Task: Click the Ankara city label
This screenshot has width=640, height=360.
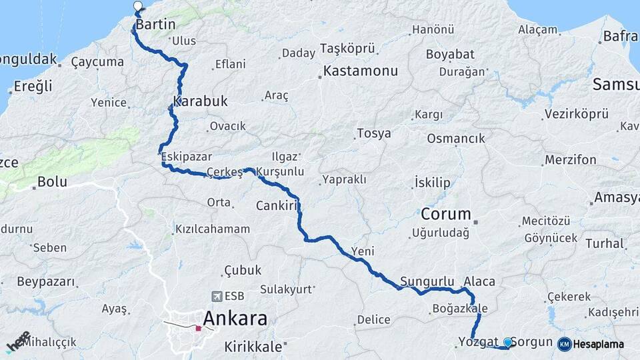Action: coord(235,318)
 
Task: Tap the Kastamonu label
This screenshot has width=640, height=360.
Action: coord(360,71)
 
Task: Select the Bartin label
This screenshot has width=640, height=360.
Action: coord(155,25)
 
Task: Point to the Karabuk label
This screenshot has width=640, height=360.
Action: coord(201,102)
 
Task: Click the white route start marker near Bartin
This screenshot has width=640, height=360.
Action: coord(138,7)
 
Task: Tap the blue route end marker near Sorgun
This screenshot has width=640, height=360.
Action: coord(508,342)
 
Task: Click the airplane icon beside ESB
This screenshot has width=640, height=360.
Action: coord(217,296)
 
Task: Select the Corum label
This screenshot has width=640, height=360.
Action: coord(446,215)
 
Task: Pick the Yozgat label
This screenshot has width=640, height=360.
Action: coord(478,342)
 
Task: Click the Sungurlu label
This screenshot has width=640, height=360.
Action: coord(427,281)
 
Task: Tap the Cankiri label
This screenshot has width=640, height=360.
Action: coord(276,206)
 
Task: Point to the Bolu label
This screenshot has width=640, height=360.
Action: coord(53,181)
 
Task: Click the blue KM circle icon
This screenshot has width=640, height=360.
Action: coord(565,344)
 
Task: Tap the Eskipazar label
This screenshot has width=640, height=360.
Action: coord(187,157)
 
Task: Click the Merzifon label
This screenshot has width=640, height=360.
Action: coord(571,160)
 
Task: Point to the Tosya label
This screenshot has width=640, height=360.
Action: coord(374,133)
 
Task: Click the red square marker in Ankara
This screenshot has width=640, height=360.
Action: coord(198,328)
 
